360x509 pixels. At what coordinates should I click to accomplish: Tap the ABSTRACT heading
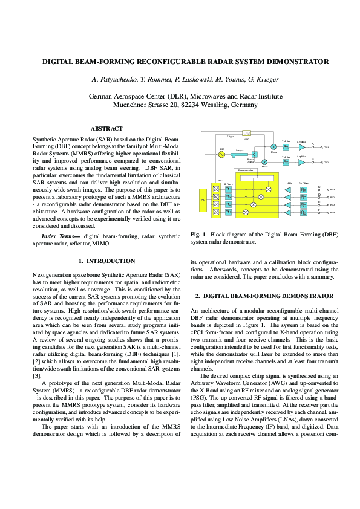[106, 128]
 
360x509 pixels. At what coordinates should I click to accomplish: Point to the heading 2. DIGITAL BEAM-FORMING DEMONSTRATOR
[264, 296]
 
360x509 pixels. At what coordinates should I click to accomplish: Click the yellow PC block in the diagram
[203, 199]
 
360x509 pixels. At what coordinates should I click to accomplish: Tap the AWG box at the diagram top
[246, 133]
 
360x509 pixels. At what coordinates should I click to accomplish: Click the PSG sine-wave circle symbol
[221, 154]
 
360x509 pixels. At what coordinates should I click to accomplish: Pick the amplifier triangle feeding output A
[301, 147]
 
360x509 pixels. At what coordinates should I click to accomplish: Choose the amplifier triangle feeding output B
[301, 162]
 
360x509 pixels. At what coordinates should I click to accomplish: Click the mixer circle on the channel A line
[273, 147]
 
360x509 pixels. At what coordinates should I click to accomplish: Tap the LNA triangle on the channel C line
[287, 189]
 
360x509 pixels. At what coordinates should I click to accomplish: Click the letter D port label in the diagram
[319, 195]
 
